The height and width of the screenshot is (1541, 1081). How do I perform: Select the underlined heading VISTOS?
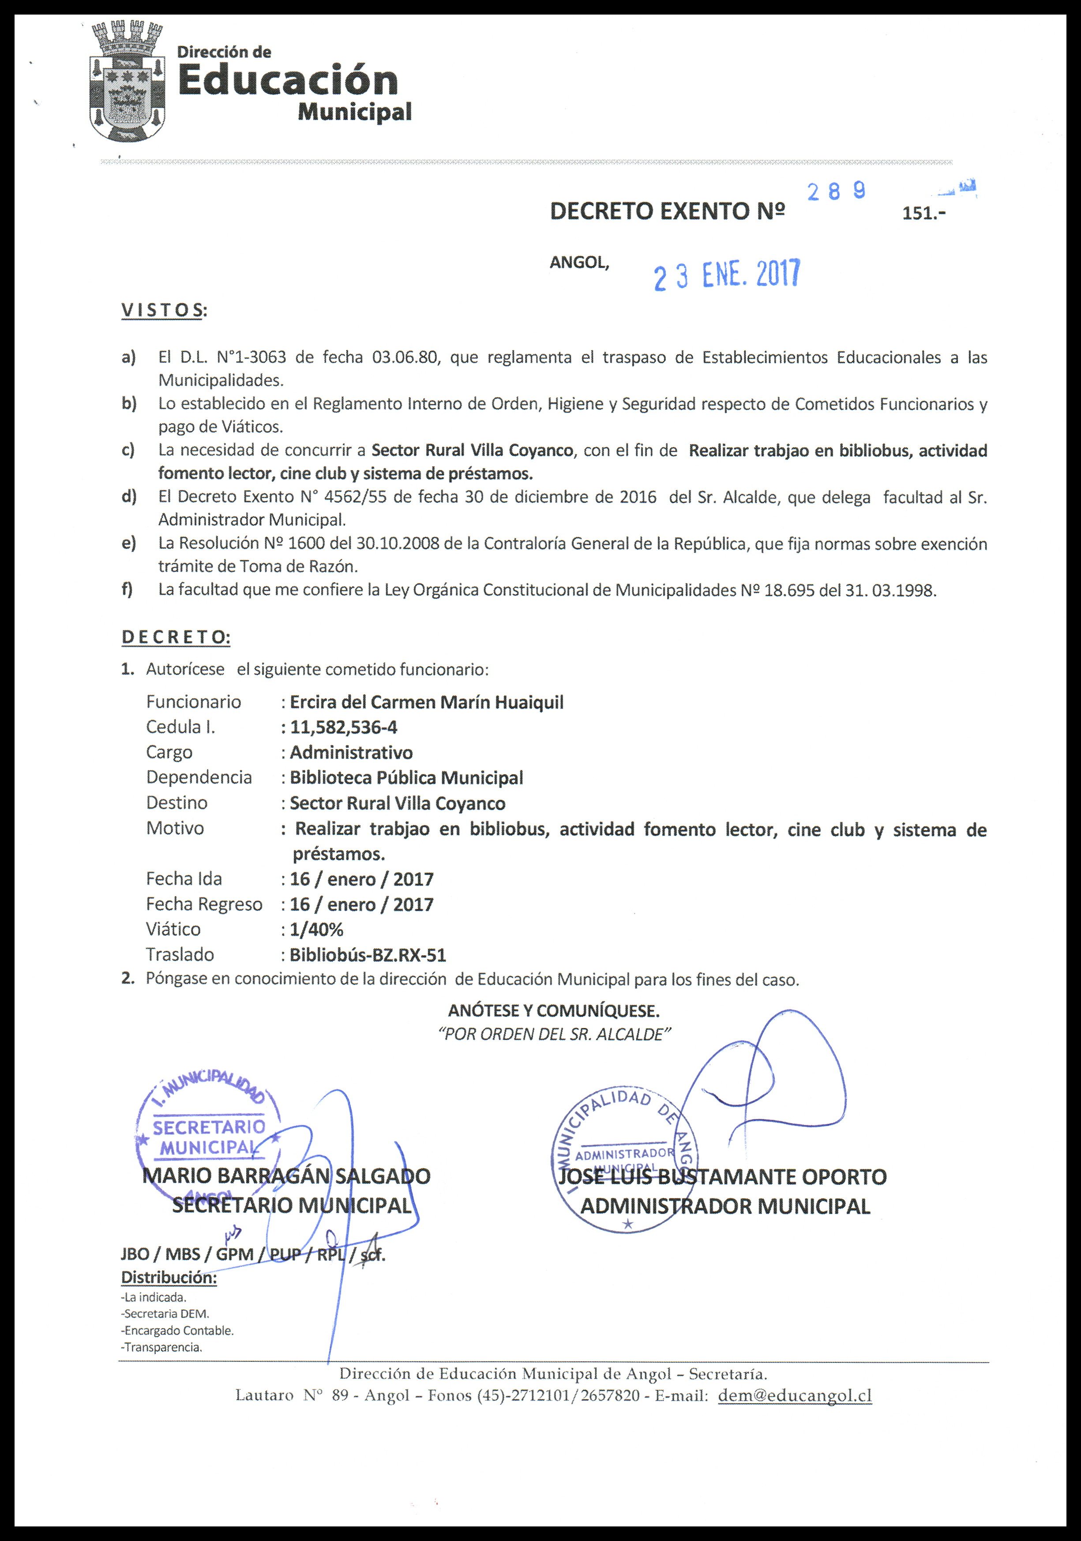click(162, 310)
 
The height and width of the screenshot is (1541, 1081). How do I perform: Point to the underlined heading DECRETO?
click(175, 637)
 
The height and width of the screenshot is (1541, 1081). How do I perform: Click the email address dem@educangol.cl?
click(795, 1395)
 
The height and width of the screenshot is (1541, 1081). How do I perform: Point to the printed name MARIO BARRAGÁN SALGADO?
click(286, 1176)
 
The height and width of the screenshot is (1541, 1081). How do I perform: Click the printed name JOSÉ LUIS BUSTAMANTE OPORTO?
click(723, 1176)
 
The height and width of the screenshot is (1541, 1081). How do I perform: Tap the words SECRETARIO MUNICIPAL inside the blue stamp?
click(209, 1136)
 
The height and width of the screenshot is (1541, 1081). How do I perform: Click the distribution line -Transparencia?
click(162, 1346)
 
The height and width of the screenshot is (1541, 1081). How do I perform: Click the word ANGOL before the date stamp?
click(579, 263)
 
